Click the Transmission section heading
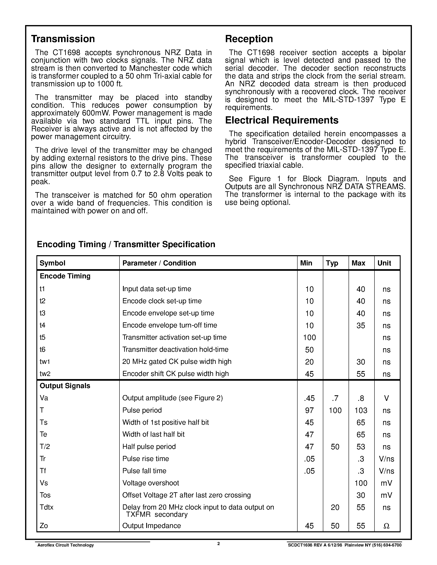(63, 39)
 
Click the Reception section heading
(249, 39)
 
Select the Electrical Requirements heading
(282, 120)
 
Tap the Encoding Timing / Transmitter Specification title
(126, 244)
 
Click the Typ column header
(332, 263)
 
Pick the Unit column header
(384, 263)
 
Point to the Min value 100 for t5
(309, 338)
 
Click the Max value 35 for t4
(361, 325)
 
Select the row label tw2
(45, 374)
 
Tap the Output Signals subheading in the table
(65, 386)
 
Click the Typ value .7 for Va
(335, 398)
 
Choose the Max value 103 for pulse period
(361, 410)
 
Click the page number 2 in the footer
(218, 543)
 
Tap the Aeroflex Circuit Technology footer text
(65, 545)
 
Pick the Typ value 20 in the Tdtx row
(335, 507)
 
